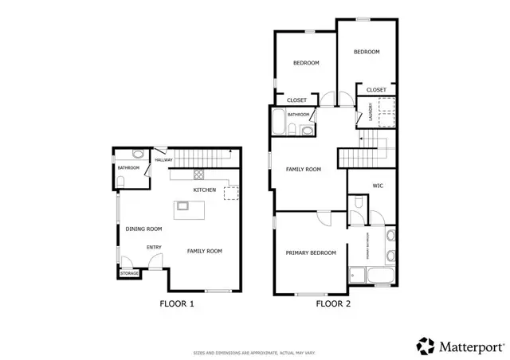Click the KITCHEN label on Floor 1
(x=205, y=190)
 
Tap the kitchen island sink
(x=182, y=206)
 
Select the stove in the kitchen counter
(x=198, y=175)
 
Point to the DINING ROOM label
(x=143, y=229)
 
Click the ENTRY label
(x=154, y=247)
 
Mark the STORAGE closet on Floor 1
(x=128, y=273)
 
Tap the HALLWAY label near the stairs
(x=163, y=160)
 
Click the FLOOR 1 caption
(x=176, y=303)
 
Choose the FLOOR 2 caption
(x=334, y=303)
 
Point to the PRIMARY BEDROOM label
(x=311, y=252)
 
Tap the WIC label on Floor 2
(x=379, y=186)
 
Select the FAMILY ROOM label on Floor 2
(x=303, y=169)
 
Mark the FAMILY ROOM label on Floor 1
(x=204, y=251)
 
